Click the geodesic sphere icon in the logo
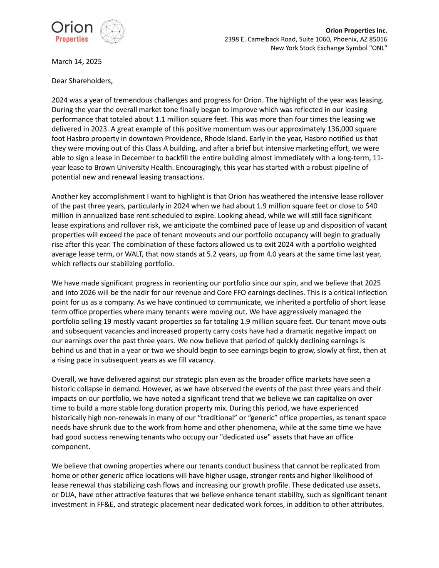click(112, 31)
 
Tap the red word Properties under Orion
click(72, 39)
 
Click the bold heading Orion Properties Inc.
click(356, 30)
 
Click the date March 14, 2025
click(77, 62)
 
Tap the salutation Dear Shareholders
click(82, 81)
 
